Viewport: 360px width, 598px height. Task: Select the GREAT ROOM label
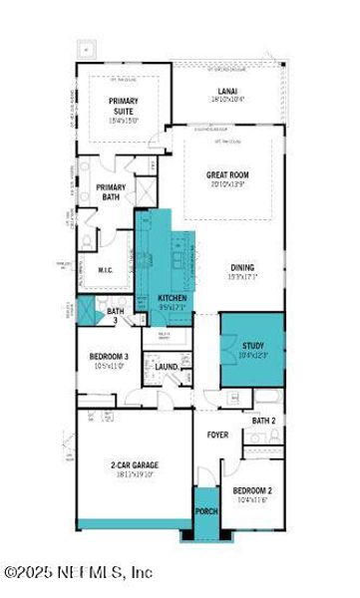tap(227, 175)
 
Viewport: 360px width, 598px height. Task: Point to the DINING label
tap(242, 267)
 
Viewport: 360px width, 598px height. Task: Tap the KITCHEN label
tap(173, 298)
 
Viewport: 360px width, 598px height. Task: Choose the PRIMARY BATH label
tap(111, 191)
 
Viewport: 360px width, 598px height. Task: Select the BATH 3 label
tap(116, 315)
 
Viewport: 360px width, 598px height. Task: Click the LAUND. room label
tap(167, 367)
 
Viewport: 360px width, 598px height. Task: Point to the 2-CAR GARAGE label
tap(135, 464)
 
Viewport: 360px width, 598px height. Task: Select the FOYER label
tap(217, 436)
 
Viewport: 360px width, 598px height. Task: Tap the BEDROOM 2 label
tap(253, 491)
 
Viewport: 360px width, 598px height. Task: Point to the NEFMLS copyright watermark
tap(77, 572)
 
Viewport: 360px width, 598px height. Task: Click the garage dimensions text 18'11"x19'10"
tap(135, 474)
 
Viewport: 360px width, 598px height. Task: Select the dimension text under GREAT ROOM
tap(227, 185)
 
